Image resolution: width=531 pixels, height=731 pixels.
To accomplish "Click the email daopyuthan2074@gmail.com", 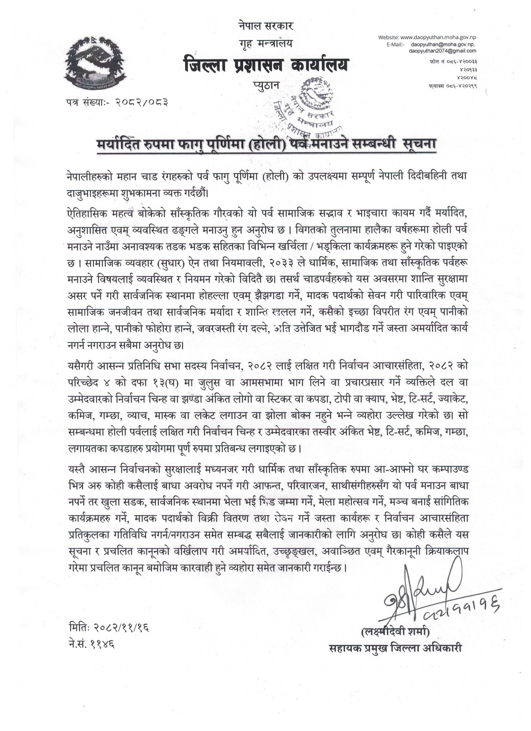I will point(444,51).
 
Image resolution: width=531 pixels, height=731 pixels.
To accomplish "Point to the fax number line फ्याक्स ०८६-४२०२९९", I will point(453,85).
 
